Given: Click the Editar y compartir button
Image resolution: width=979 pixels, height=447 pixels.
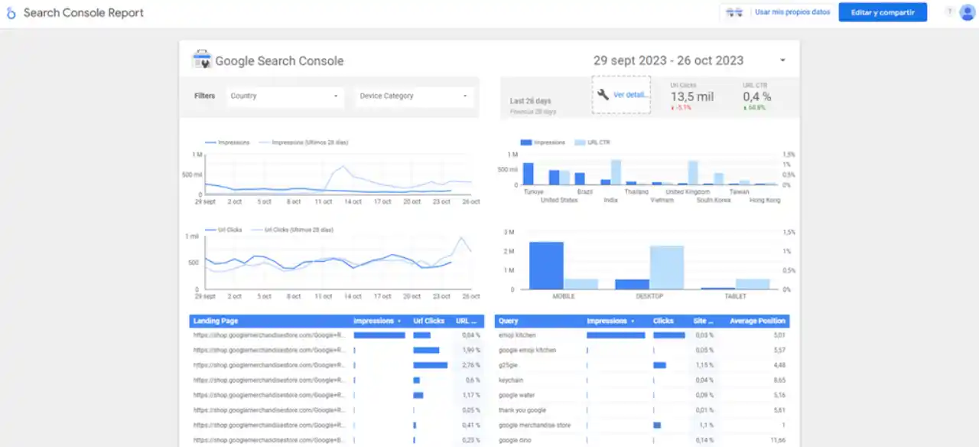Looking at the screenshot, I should coord(883,12).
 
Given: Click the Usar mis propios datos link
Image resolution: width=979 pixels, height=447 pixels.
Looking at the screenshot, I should coord(792,12).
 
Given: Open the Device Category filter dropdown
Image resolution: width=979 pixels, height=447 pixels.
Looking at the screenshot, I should coord(414,96).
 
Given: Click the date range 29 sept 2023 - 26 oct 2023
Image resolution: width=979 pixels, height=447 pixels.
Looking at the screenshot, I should coord(668,61).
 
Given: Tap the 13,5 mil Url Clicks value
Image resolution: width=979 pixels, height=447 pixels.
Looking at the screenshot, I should coord(691,96).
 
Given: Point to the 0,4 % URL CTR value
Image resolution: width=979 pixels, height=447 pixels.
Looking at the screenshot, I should coord(756,96).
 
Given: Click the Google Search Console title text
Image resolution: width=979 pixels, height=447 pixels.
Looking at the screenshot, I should coord(279,61).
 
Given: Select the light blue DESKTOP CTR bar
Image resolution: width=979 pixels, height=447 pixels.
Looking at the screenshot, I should coord(666,267).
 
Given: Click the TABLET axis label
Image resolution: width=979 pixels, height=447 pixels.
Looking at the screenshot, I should coord(735,296).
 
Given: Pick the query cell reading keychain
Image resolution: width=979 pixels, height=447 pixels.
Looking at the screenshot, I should coord(510,380).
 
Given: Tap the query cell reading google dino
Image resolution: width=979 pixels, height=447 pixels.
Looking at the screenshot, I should coord(514,440).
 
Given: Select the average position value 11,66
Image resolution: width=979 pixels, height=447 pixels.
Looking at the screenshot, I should coord(777,440).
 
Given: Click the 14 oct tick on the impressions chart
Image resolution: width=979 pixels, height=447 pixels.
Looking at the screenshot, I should coord(353,202).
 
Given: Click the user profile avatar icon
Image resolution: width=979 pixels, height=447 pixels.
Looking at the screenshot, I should coord(967,12).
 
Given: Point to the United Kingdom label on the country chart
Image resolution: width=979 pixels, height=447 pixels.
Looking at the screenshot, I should coord(688,192).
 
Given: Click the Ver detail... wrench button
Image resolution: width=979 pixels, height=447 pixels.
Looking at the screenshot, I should coord(621,95).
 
